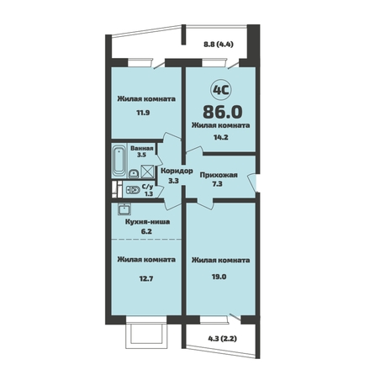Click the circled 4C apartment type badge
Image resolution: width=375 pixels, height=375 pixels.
[x=221, y=90]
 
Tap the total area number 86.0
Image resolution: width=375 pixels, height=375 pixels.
[x=223, y=112]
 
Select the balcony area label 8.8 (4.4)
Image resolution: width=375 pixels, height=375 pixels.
[x=219, y=44]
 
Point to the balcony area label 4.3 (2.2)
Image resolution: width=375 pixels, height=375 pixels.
[x=223, y=339]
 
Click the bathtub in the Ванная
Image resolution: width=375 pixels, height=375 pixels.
[x=119, y=161]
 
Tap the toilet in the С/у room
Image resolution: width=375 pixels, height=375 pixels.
[x=133, y=190]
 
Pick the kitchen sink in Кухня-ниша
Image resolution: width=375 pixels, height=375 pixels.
[x=124, y=209]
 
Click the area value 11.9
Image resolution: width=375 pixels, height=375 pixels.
[x=143, y=113]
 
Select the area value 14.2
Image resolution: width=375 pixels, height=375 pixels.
[x=220, y=137]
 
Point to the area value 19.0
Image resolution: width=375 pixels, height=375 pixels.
[x=219, y=277]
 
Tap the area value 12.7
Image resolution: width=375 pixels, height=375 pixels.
[x=146, y=279]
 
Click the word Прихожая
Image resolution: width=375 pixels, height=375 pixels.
[x=219, y=175]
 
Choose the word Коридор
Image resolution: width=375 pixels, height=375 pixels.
[x=177, y=171]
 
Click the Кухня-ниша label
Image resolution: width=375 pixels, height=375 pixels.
[x=147, y=222]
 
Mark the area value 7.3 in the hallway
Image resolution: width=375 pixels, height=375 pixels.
[x=217, y=184]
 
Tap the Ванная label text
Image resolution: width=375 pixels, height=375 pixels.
[x=142, y=149]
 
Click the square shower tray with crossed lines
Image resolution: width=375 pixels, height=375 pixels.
[x=147, y=172]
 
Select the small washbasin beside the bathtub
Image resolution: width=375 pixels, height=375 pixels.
[x=134, y=174]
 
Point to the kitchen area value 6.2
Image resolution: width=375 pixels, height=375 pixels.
[x=147, y=231]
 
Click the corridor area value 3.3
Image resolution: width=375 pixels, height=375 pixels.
[x=173, y=181]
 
